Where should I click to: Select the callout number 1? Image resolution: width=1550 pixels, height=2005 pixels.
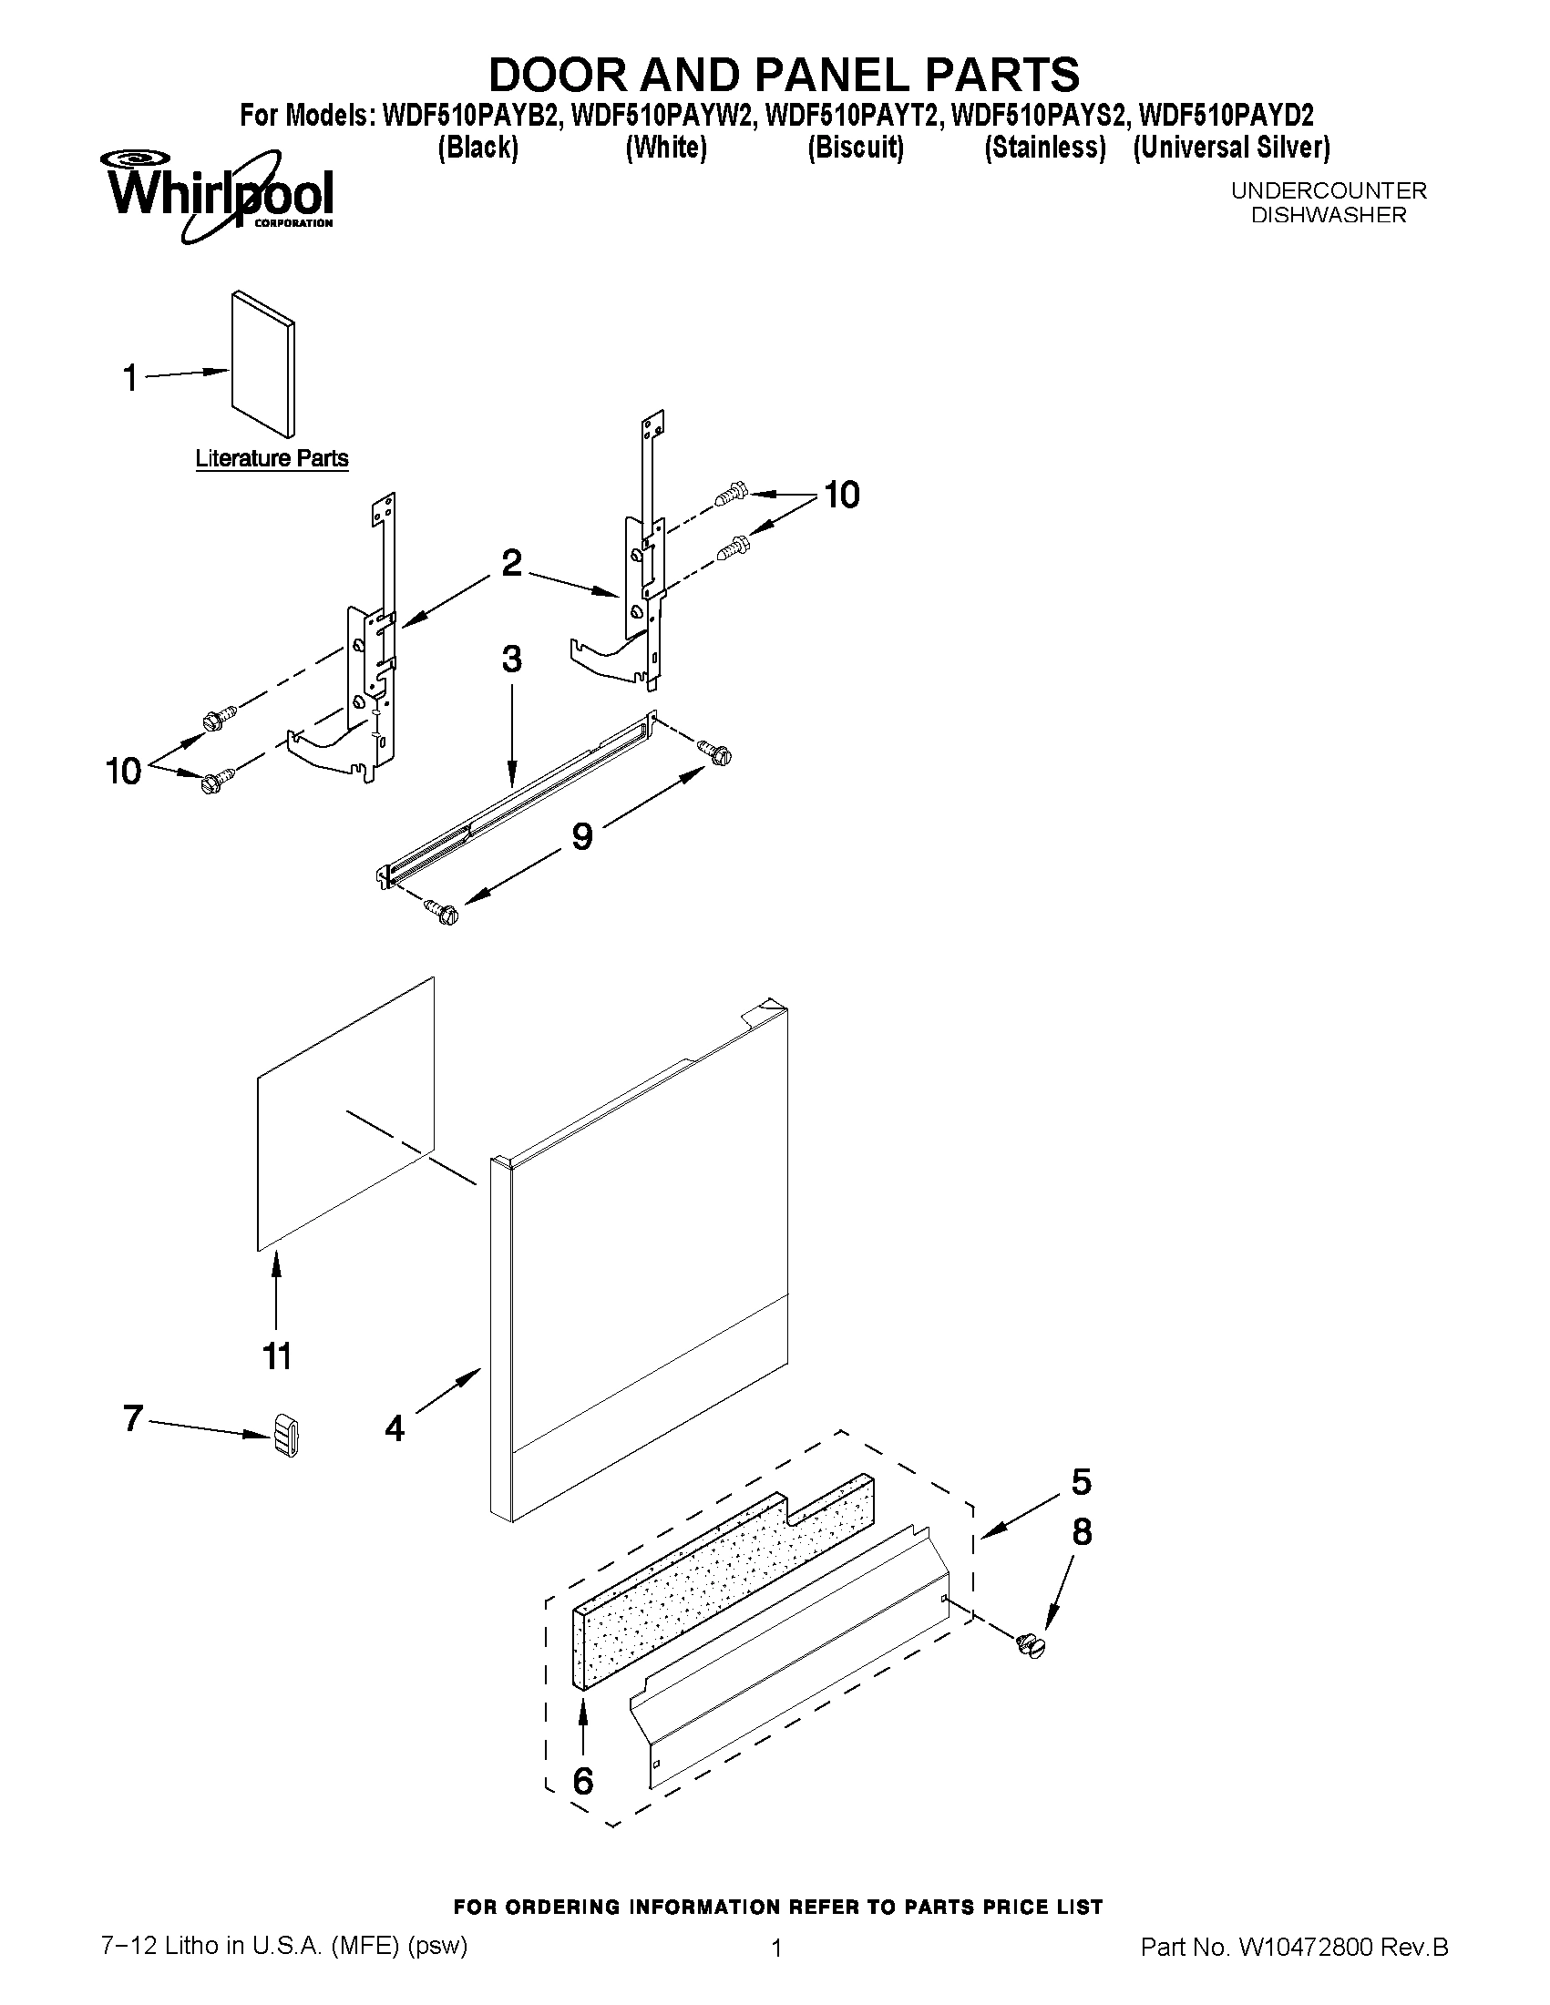(x=131, y=377)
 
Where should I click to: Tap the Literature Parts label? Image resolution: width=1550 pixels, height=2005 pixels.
(x=272, y=458)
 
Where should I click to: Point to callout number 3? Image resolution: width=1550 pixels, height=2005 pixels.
(x=511, y=660)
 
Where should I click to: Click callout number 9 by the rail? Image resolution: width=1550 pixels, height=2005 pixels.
(x=582, y=835)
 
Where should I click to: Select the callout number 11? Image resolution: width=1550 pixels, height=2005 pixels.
(x=277, y=1355)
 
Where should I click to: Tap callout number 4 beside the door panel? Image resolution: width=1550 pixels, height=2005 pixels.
(x=395, y=1427)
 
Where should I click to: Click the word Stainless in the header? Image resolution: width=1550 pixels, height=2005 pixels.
(x=1044, y=148)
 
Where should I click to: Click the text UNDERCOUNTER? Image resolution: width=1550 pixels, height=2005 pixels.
(x=1328, y=191)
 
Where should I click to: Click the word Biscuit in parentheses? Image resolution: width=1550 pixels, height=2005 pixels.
(x=855, y=148)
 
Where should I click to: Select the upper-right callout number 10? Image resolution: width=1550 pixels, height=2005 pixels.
(x=841, y=495)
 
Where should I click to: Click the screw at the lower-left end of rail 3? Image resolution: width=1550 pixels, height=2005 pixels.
(x=442, y=912)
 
